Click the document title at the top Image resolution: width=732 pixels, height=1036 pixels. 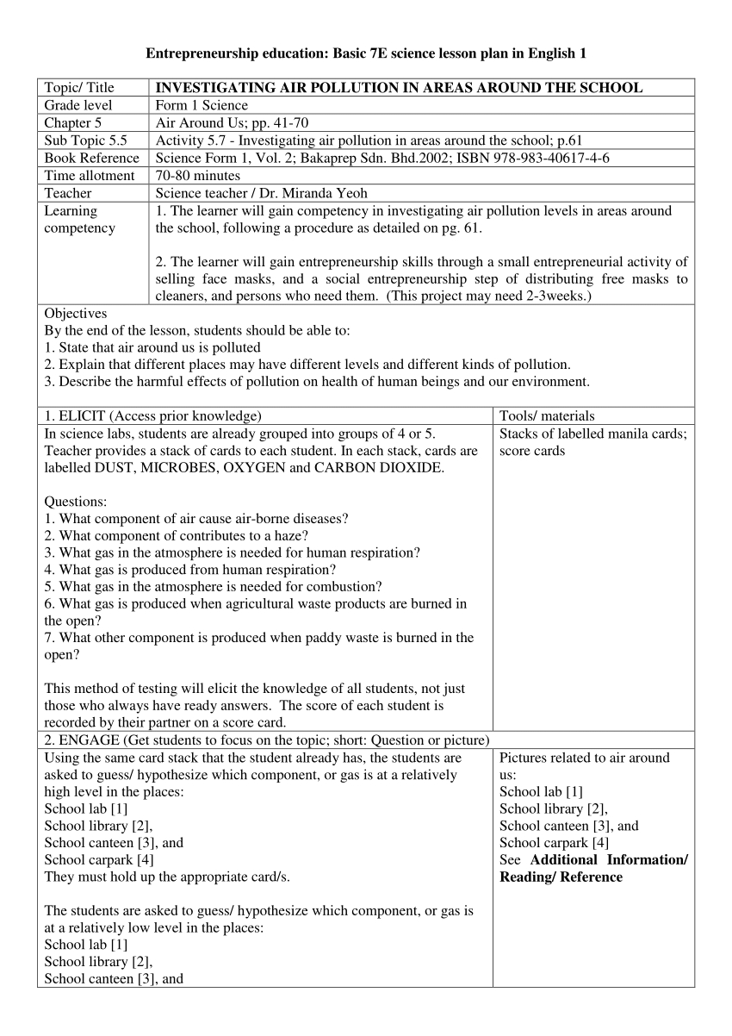pos(366,53)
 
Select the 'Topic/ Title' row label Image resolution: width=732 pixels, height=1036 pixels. pos(79,88)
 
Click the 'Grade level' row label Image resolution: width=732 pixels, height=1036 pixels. pos(78,105)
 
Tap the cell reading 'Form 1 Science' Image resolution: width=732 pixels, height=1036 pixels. pos(202,105)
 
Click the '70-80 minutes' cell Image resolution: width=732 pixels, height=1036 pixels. pos(198,176)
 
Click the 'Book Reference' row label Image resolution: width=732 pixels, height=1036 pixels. pos(91,158)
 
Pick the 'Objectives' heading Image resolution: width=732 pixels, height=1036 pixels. pos(76,314)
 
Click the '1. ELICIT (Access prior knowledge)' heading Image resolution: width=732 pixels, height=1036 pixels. pos(153,416)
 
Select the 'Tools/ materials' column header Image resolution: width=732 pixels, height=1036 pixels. pos(547,416)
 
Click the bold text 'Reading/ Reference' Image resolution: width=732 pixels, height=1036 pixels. pos(561,877)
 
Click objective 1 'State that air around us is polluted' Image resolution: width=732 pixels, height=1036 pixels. pos(152,347)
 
